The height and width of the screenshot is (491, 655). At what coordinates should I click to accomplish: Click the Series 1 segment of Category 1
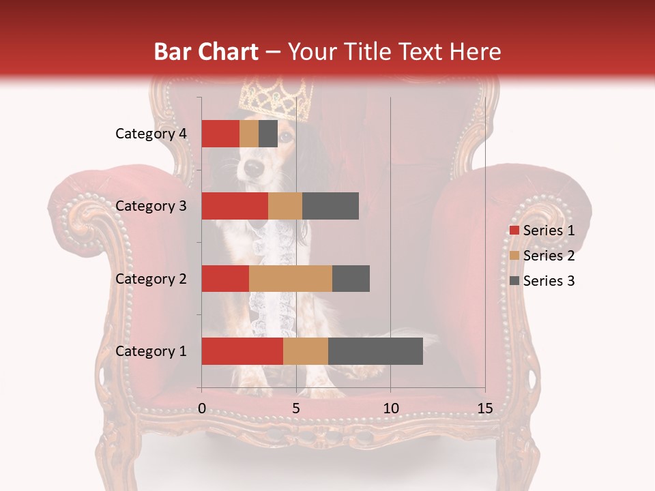242,351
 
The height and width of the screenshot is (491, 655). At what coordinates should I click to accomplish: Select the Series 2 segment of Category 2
291,278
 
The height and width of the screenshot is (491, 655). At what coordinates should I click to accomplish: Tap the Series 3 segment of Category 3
330,206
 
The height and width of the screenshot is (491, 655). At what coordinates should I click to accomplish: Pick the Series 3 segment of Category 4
268,134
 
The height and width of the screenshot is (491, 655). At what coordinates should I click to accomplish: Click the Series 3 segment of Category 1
375,351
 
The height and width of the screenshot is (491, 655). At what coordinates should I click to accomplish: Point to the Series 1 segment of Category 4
220,134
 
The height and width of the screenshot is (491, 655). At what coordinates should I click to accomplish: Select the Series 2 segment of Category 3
285,206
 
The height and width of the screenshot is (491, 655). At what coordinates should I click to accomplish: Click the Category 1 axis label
151,351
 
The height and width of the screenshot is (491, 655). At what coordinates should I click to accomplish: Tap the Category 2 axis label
151,278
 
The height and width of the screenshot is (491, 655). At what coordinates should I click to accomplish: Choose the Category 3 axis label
151,206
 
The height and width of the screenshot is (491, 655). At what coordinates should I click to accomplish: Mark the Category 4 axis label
151,134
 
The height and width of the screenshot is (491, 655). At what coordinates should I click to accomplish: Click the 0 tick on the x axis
202,408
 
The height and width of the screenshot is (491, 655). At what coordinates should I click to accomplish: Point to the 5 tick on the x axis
296,408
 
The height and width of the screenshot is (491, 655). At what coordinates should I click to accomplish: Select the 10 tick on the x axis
390,408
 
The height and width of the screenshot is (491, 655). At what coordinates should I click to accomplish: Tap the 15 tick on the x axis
485,408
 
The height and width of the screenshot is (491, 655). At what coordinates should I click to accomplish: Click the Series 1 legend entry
542,230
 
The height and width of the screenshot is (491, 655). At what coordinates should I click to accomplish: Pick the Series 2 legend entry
542,256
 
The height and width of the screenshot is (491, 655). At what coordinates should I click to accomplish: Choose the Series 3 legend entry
542,281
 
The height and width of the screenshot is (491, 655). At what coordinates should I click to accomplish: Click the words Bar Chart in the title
205,51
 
